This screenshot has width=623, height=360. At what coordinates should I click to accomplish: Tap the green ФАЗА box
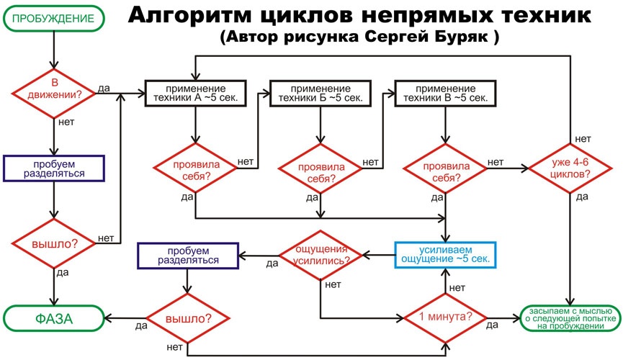[x=53, y=317]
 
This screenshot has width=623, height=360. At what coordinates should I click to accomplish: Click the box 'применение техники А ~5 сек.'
[x=196, y=92]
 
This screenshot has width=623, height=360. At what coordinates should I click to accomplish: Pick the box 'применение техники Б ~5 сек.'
[x=320, y=92]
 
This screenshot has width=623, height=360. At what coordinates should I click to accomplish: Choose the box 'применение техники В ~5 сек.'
[x=444, y=92]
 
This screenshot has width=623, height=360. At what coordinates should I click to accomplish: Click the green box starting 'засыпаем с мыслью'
[x=570, y=317]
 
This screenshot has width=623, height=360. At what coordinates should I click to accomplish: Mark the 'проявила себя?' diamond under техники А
[x=195, y=168]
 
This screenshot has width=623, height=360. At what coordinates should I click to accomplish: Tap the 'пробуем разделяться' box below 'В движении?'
[x=53, y=168]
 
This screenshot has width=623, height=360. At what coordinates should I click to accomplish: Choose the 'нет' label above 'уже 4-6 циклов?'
[x=583, y=138]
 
